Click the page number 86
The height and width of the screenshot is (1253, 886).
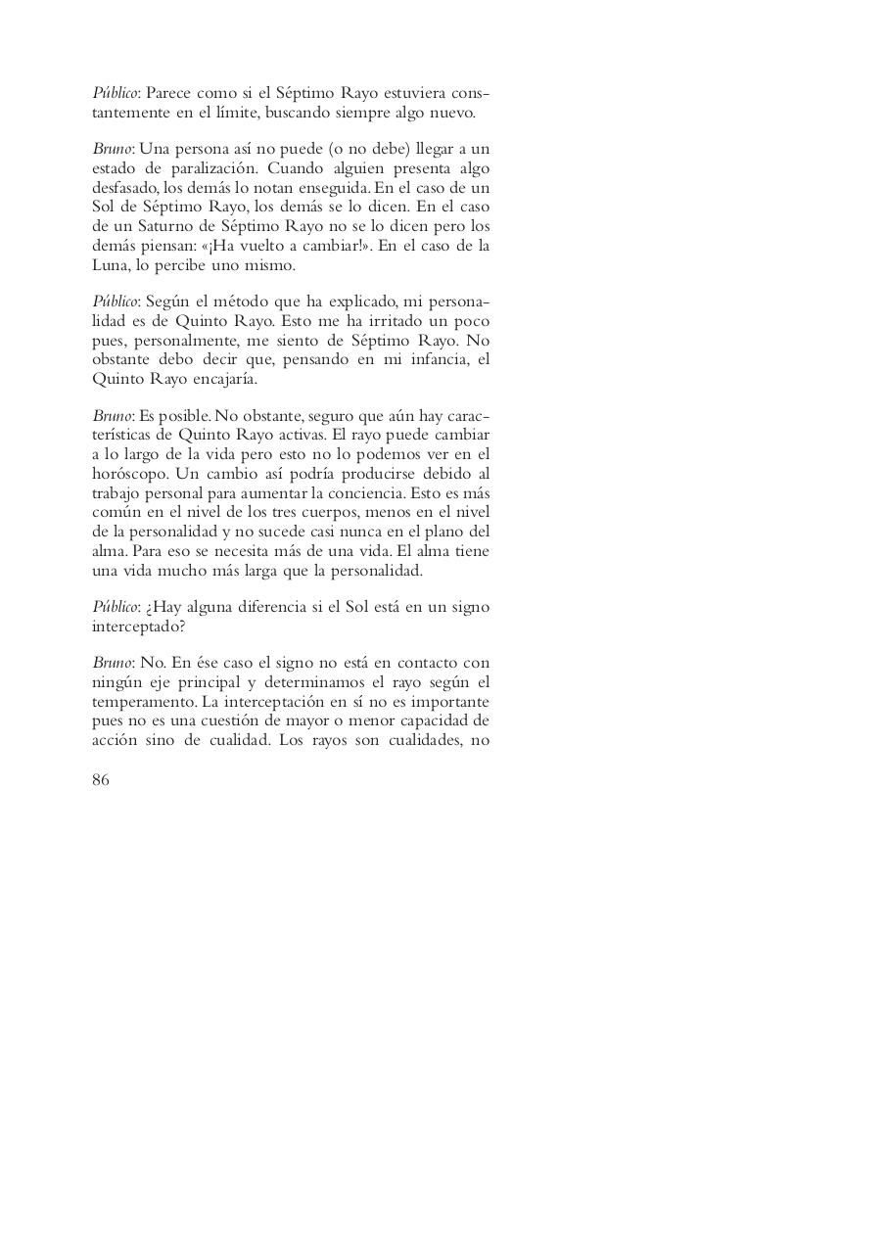tap(101, 779)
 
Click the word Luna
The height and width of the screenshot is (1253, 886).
tap(110, 264)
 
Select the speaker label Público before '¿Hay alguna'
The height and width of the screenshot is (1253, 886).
tap(114, 607)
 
